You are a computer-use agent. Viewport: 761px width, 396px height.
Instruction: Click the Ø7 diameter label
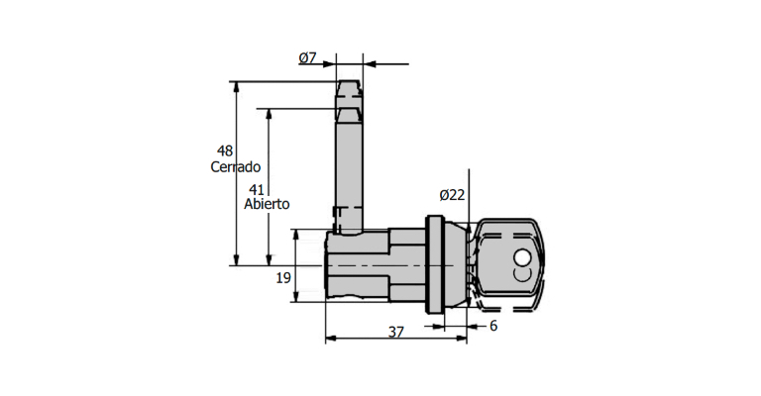(307, 58)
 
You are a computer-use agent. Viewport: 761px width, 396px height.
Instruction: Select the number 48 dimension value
(225, 150)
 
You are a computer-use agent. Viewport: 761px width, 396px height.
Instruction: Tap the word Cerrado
(235, 166)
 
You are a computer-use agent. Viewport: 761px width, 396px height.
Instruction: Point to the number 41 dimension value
(257, 188)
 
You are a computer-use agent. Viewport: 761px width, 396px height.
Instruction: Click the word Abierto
(267, 204)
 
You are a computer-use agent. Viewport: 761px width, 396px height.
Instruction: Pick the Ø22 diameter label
(451, 195)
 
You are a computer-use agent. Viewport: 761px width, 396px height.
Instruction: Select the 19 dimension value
(283, 279)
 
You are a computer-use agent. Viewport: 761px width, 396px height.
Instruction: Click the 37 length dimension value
(395, 334)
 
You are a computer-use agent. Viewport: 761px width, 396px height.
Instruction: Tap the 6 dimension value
(492, 326)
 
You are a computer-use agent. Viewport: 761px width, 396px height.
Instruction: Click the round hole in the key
(522, 258)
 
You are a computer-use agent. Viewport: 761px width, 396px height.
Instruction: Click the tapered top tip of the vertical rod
(349, 90)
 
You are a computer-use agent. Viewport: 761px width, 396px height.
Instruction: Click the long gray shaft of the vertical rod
(349, 168)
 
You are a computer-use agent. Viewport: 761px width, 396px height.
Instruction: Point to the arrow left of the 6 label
(476, 325)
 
